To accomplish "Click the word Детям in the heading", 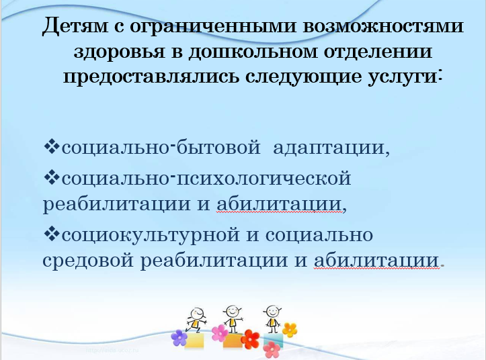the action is (75, 25).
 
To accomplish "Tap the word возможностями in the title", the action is (382, 26).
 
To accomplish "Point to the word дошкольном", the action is (253, 51).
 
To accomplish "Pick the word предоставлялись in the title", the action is (151, 77).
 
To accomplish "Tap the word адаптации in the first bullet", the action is (331, 148).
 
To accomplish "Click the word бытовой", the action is (218, 146).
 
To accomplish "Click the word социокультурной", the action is (151, 235).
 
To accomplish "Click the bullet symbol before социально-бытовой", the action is (52, 146).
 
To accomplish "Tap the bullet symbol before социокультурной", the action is (52, 234).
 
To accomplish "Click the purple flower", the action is (179, 338).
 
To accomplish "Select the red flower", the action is (250, 339).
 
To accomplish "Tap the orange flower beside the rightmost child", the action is (290, 330).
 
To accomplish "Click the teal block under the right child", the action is (274, 341).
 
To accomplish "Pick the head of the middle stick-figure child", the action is (231, 310).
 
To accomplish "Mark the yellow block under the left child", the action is (195, 341).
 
